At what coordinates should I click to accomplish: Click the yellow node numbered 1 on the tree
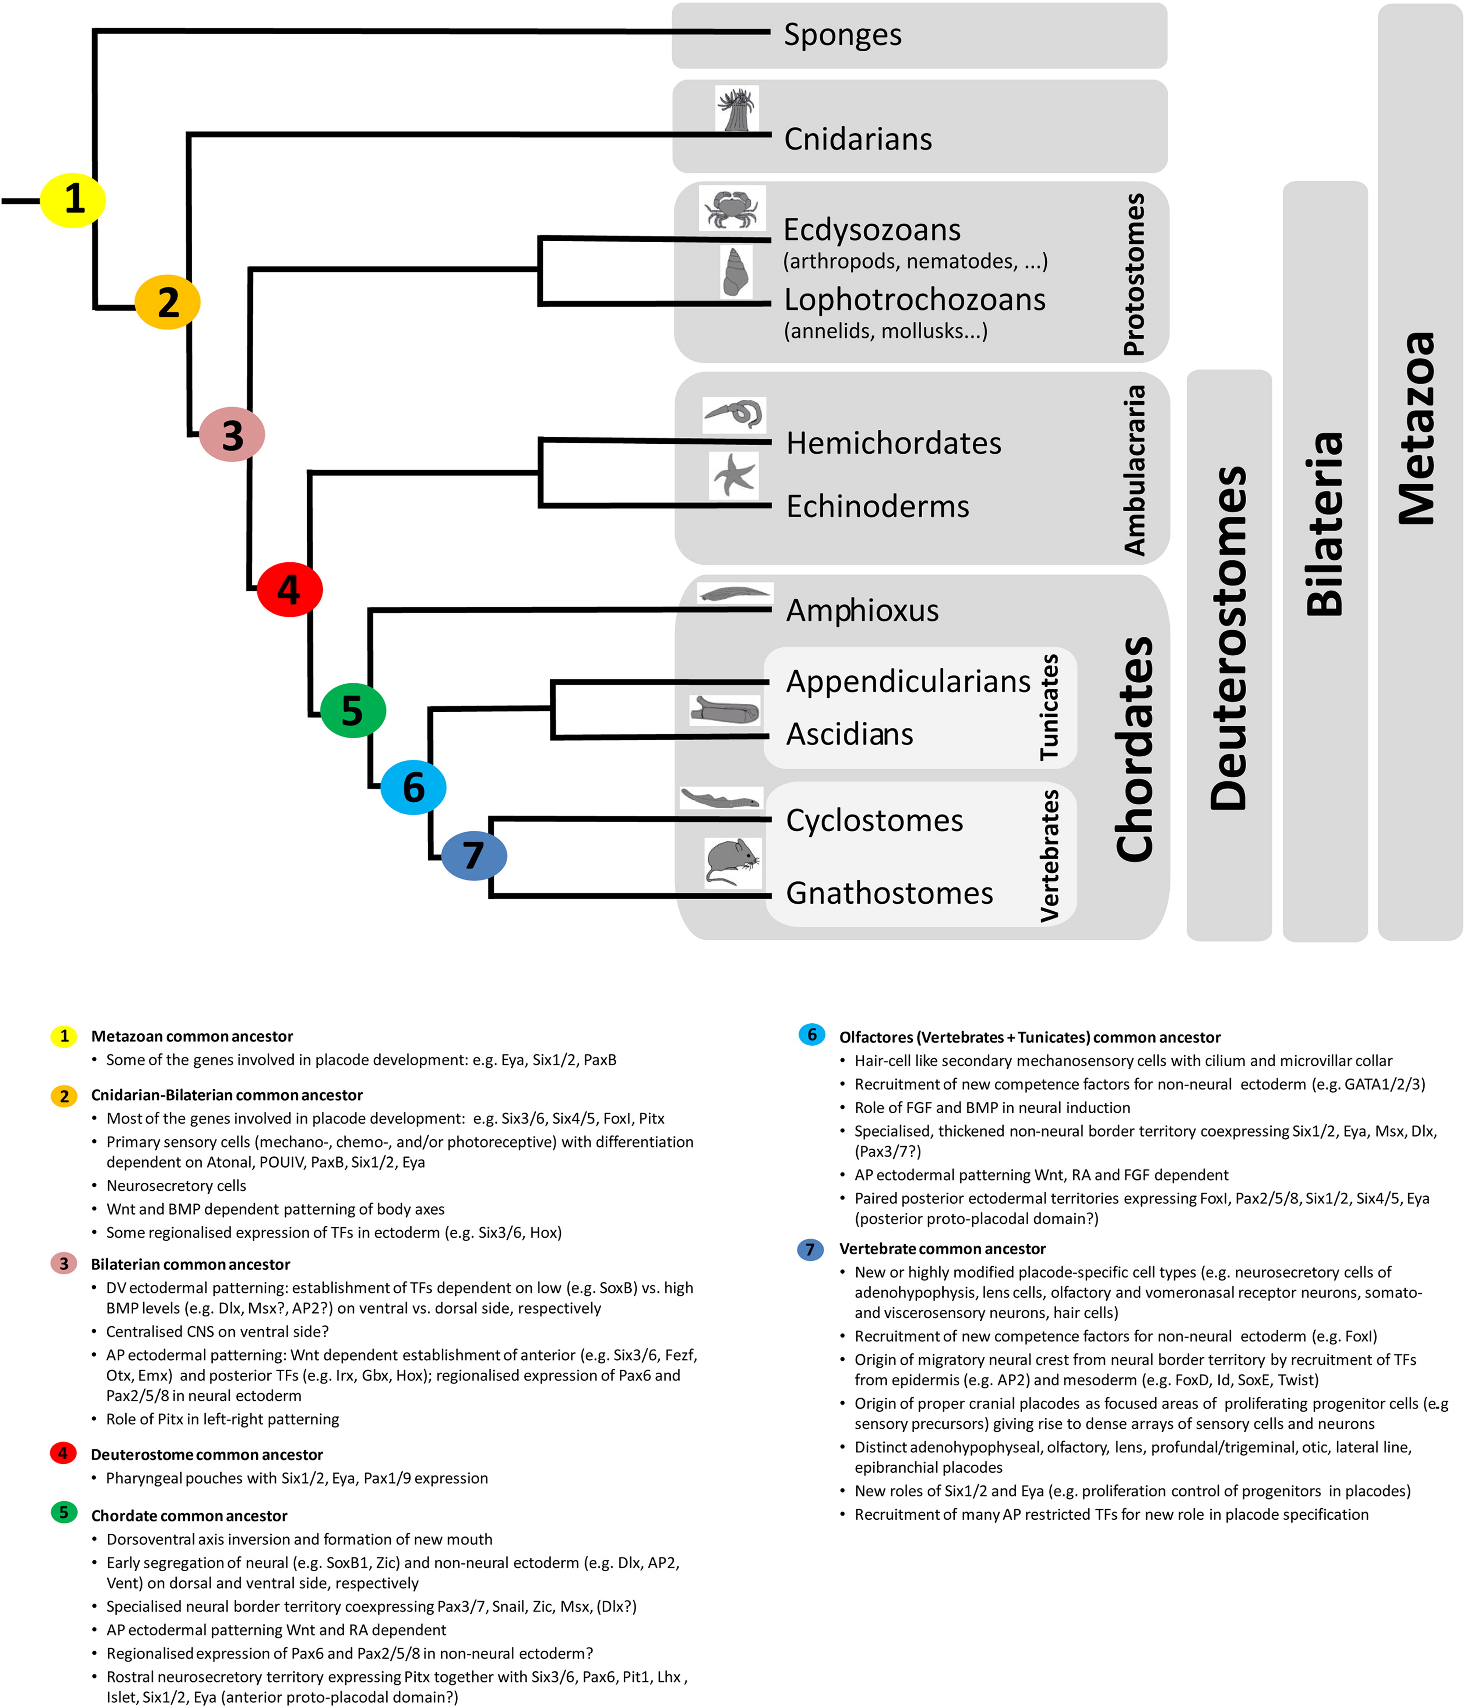tap(73, 200)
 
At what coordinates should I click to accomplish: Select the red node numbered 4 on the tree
tap(289, 590)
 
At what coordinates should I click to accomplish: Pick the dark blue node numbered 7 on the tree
tap(473, 855)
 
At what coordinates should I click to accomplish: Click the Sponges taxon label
tap(843, 35)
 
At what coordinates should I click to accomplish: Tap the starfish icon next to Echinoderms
tap(734, 476)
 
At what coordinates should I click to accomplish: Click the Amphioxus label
tap(862, 610)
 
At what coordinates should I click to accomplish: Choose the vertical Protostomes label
tap(1135, 274)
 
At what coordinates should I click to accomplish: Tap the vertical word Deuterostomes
tap(1229, 638)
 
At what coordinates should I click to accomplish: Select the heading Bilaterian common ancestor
tap(190, 1264)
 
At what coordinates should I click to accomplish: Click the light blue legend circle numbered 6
tap(812, 1035)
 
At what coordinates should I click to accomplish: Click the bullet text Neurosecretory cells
tap(176, 1186)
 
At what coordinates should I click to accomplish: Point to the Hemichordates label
tap(894, 443)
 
